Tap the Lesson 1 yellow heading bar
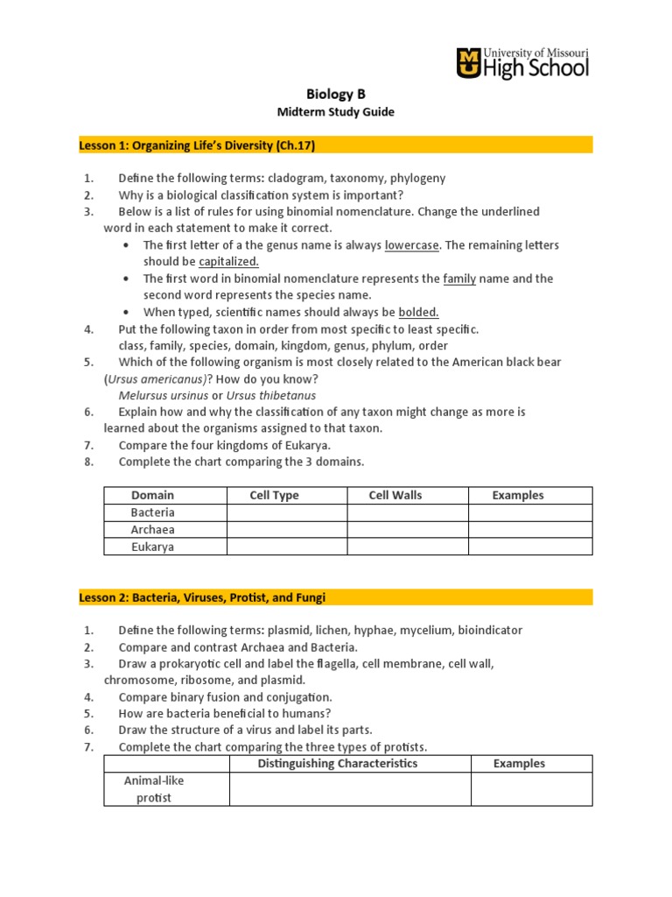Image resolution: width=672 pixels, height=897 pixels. pos(336,145)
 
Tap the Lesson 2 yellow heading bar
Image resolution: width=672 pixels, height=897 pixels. pos(336,597)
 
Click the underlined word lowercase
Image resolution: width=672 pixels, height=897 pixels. pos(411,245)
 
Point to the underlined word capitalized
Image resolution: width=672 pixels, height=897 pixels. pos(228,261)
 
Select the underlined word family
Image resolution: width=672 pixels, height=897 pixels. pos(458,279)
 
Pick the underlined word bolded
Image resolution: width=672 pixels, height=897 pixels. pos(418,312)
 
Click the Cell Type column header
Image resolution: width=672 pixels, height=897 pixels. pos(274,495)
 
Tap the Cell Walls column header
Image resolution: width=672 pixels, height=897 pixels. pos(395,495)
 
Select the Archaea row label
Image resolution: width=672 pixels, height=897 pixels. pos(153,529)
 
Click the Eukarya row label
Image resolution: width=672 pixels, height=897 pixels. pos(153,547)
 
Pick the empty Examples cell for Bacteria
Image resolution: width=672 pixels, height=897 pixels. pos(530,512)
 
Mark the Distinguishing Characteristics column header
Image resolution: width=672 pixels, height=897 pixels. pos(338,763)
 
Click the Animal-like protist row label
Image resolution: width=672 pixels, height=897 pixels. pos(153,788)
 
